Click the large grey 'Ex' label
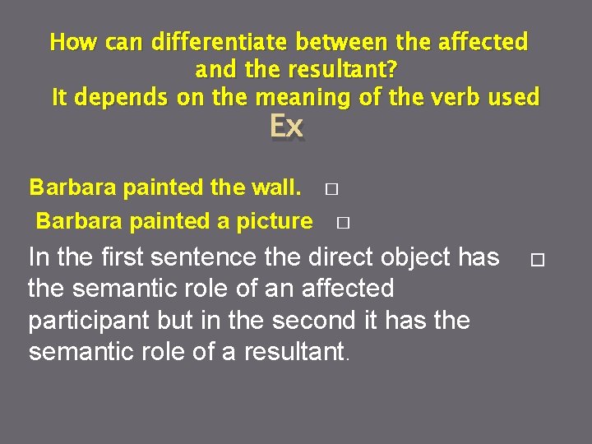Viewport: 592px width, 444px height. (286, 127)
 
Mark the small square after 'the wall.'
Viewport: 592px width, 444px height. (331, 189)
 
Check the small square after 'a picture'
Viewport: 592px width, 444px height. (343, 222)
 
